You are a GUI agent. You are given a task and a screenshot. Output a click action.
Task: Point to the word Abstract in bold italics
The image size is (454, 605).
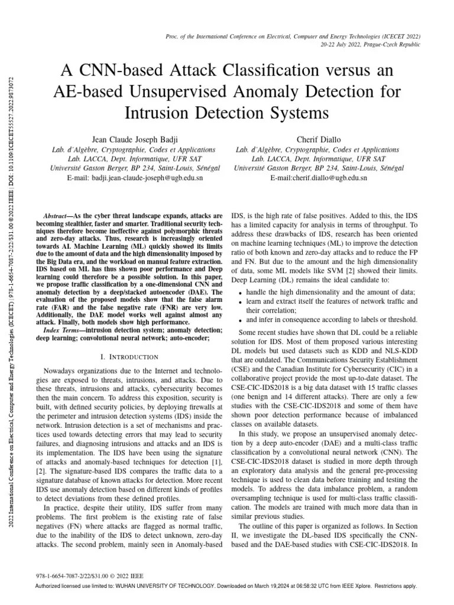pyautogui.click(x=59, y=216)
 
